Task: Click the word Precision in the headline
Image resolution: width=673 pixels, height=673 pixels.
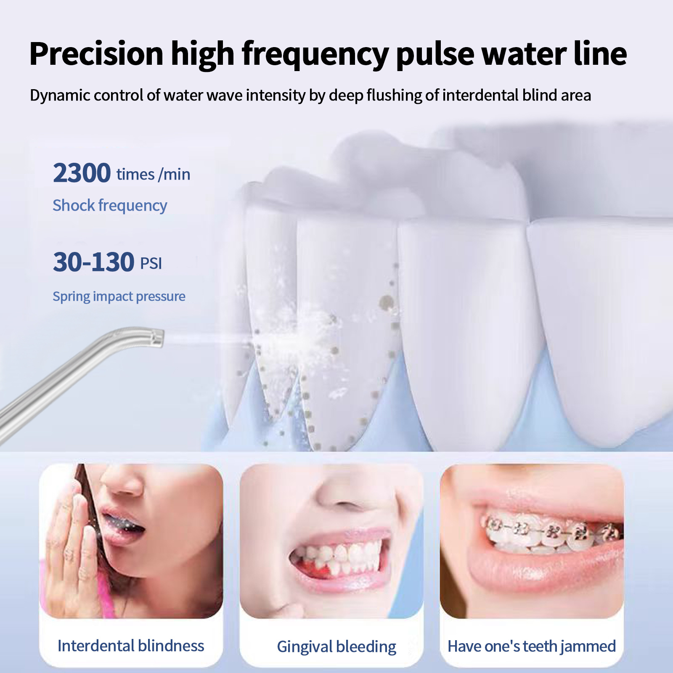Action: pos(96,54)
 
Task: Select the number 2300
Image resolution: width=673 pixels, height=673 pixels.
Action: pos(82,173)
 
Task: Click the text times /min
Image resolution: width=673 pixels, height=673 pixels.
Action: pos(154,174)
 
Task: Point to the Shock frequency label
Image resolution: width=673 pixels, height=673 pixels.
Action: pos(110,206)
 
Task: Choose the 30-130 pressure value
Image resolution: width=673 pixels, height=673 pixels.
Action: pos(93,262)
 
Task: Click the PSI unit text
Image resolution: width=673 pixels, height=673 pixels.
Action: pos(151,264)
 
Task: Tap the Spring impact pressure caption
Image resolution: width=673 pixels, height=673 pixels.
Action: pos(119,297)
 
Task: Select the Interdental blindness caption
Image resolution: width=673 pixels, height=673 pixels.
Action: pos(131,646)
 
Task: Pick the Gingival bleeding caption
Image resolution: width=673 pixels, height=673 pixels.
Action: pos(336,647)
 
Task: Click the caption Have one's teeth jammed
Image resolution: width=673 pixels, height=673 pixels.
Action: pos(532,646)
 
